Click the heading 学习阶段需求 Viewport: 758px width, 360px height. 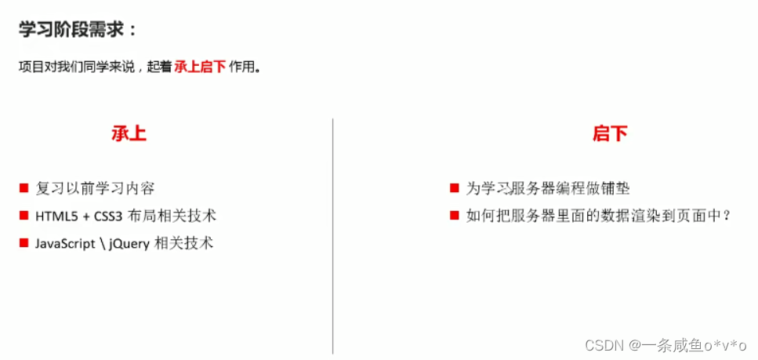[78, 30]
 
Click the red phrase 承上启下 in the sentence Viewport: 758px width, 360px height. [199, 67]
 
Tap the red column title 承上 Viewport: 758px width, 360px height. [129, 133]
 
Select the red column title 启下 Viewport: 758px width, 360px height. [610, 133]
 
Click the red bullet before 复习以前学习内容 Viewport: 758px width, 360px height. [24, 188]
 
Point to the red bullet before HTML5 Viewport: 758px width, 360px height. [24, 216]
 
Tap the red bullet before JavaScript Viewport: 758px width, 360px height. [24, 243]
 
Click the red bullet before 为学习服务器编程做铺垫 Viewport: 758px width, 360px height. [454, 188]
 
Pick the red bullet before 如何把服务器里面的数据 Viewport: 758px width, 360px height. [454, 216]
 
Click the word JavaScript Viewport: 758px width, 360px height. [69, 243]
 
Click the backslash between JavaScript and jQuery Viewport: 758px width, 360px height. [111, 243]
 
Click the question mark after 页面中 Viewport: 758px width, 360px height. [727, 216]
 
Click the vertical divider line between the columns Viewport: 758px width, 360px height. [333, 235]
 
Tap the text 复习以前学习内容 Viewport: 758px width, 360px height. [95, 188]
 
